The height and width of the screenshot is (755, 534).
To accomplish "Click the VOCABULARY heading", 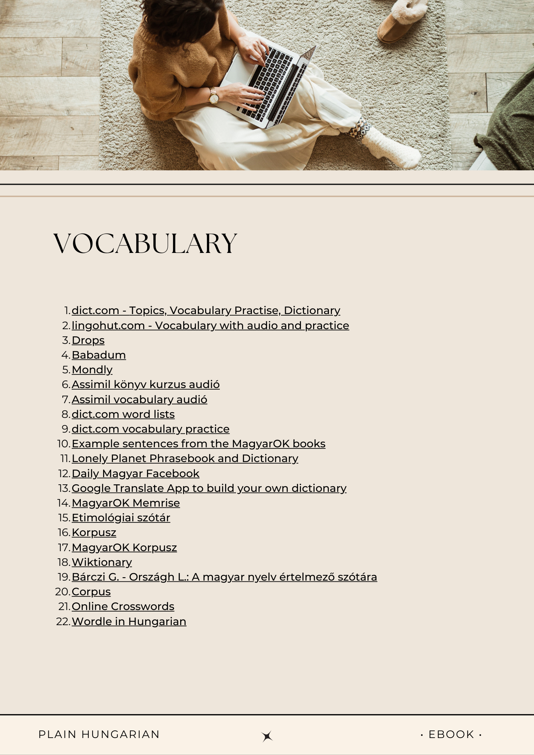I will pos(145,243).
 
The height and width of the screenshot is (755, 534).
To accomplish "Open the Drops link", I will pos(88,340).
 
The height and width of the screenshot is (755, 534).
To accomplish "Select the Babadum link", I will pos(99,355).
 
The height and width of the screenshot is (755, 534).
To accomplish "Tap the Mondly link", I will pos(92,370).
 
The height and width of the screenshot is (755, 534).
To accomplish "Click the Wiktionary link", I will pos(102,562).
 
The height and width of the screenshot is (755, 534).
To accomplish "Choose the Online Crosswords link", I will pos(123,606).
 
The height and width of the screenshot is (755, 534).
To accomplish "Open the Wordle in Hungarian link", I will pos(129,621).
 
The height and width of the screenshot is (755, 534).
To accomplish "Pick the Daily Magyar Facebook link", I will pos(135,473).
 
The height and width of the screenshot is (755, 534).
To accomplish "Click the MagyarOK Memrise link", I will pos(126,503).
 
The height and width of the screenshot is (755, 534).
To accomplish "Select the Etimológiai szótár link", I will pos(121,518).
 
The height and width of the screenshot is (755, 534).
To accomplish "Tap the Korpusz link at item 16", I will pos(94,532).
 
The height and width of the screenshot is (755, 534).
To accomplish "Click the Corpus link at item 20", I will pos(91,592).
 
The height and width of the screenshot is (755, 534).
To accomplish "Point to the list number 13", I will pos(64,488).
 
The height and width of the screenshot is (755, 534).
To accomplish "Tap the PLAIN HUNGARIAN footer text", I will pos(99,734).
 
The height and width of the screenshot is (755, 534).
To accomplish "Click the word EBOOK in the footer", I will pos(451,734).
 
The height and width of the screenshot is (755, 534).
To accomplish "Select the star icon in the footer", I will pos(267,736).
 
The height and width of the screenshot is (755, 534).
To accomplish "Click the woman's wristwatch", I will pos(214,97).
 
